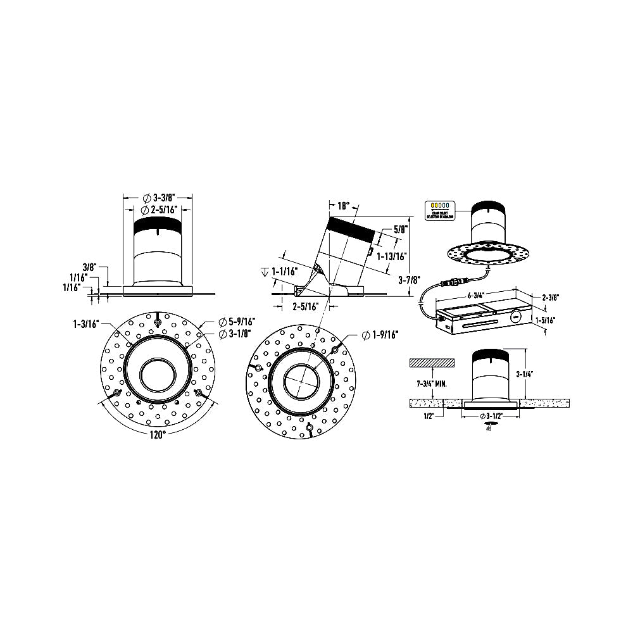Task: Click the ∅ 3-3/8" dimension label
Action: pos(158,197)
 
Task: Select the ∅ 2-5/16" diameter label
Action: pos(158,210)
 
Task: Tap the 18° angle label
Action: pos(342,206)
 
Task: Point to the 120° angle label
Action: pos(158,435)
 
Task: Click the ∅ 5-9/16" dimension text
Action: pos(235,322)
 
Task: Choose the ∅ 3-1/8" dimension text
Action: pos(233,334)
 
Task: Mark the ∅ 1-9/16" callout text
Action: pos(385,334)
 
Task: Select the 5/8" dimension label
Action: pos(399,230)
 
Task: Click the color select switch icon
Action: pos(440,208)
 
